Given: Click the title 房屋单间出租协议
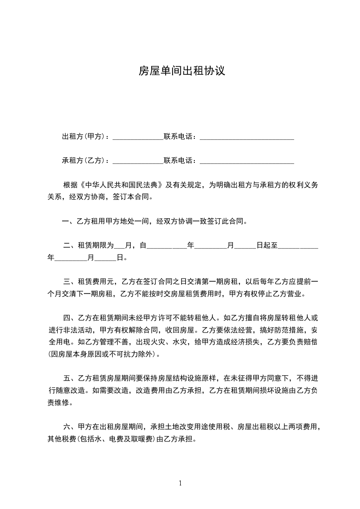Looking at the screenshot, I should point(182,72).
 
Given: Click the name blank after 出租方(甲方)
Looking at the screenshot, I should point(138,137).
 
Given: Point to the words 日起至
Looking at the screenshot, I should point(267,246).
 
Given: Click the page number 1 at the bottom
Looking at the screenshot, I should point(180,484).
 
